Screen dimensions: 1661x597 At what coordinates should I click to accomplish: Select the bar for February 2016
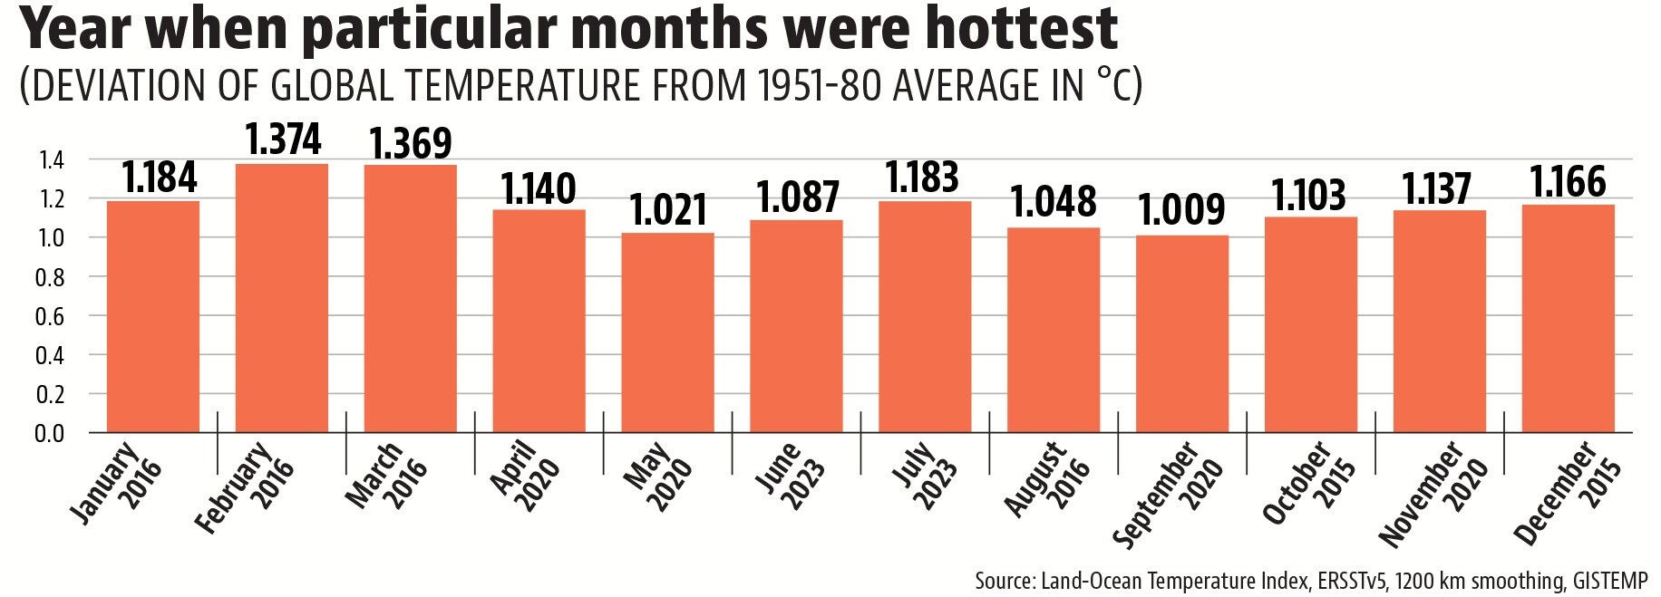click(282, 298)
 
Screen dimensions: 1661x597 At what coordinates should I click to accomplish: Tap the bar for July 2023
click(925, 317)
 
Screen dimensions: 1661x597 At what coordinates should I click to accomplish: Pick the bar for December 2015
click(1568, 319)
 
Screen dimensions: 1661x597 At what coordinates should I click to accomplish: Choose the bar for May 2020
click(667, 332)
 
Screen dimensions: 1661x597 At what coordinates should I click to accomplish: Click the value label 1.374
click(283, 140)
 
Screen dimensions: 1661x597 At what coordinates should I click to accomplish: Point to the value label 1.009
click(1183, 210)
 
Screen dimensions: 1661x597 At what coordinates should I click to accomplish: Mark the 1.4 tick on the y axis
click(51, 159)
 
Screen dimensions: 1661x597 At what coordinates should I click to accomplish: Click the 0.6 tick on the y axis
click(51, 316)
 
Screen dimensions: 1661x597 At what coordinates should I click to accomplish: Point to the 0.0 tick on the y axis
click(51, 433)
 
